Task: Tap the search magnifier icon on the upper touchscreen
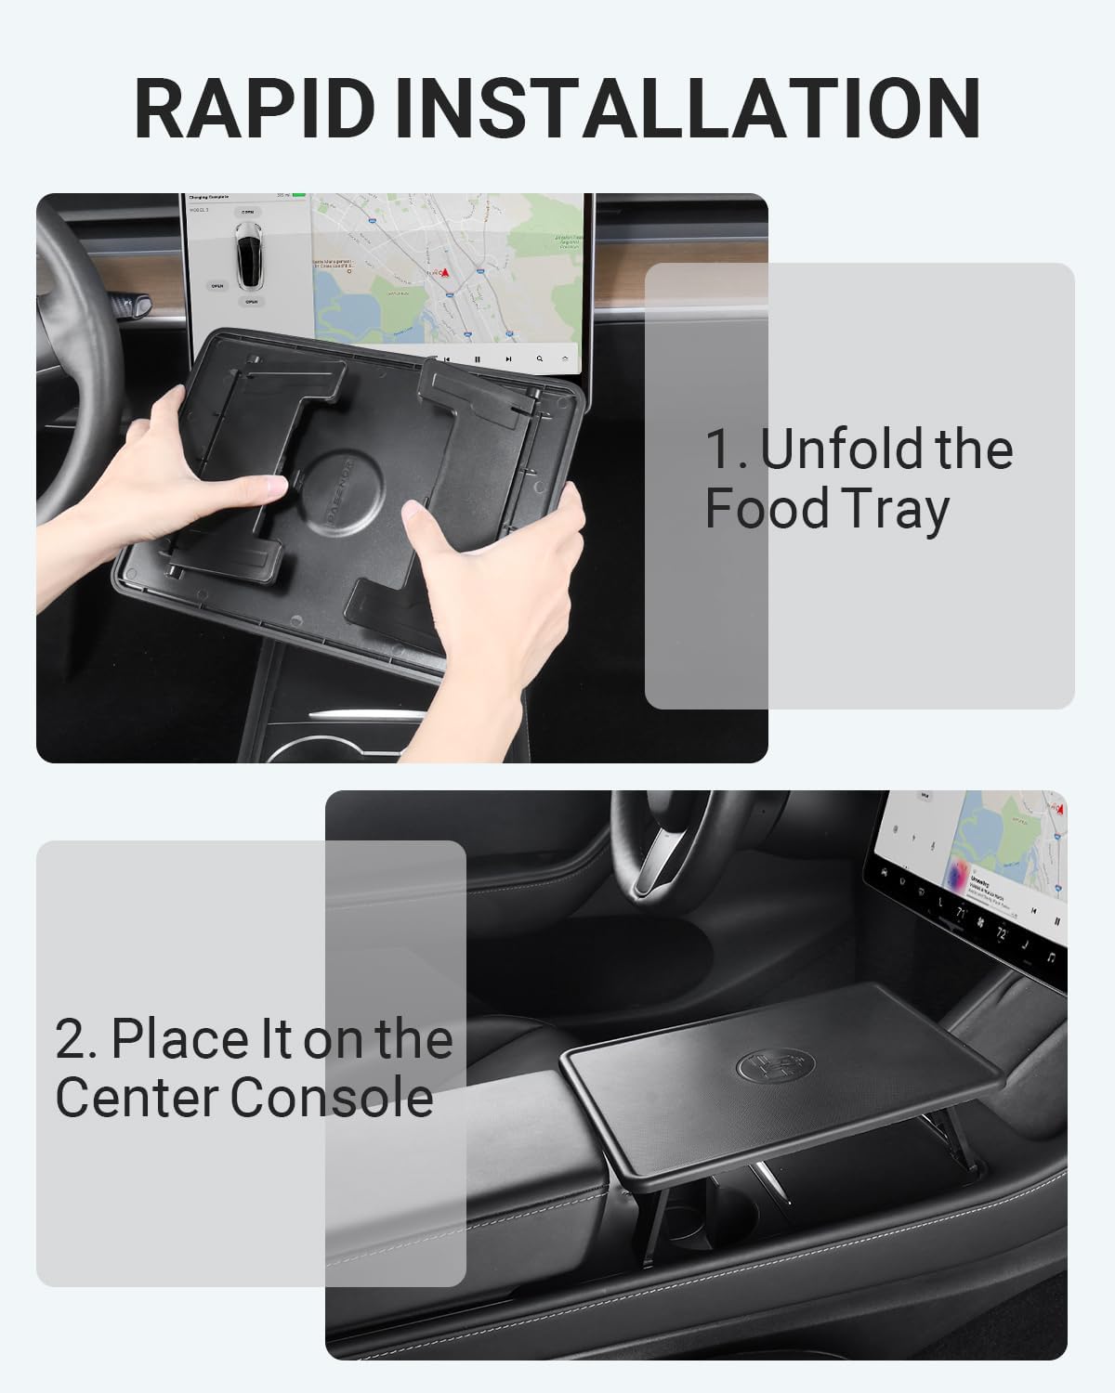pos(540,358)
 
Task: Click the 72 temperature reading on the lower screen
pos(1002,933)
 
